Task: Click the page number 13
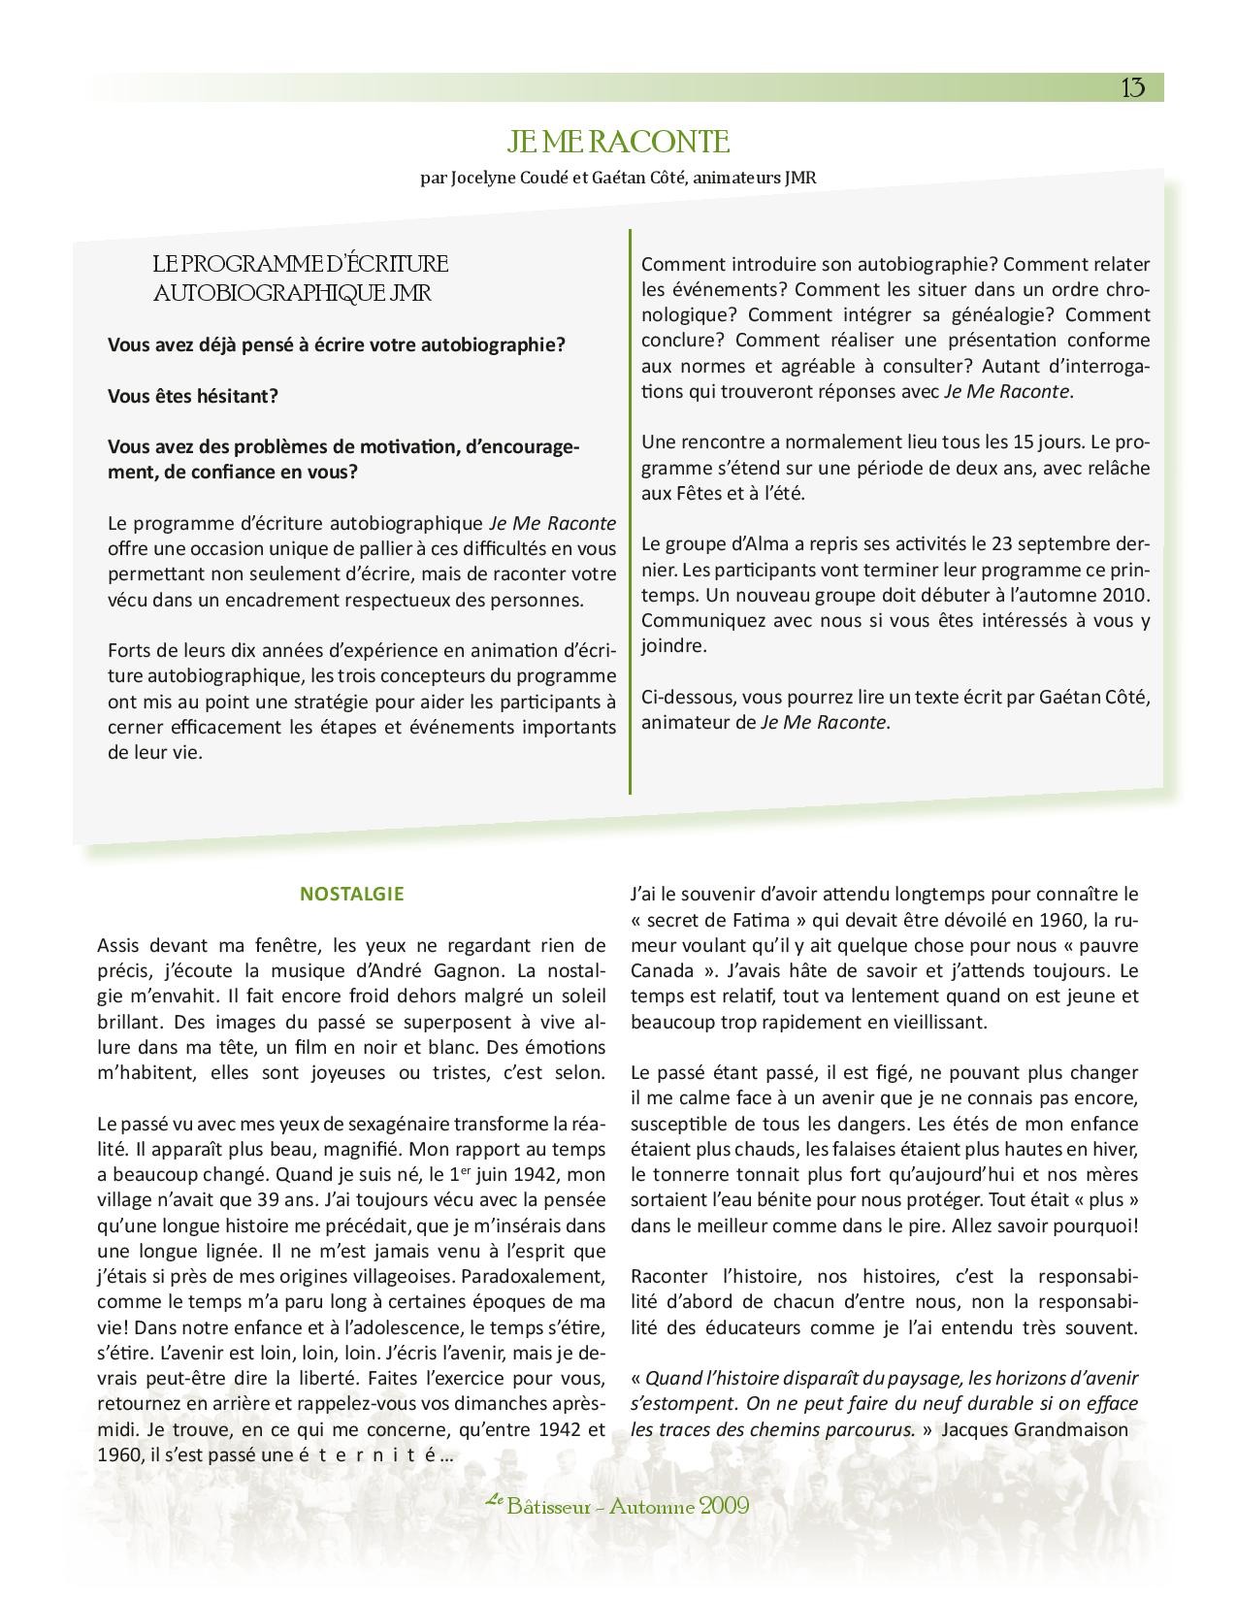pos(1132,88)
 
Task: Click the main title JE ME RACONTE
pos(617,143)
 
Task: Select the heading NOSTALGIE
pos(351,895)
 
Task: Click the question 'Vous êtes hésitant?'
pos(193,396)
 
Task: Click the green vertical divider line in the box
pos(630,511)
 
